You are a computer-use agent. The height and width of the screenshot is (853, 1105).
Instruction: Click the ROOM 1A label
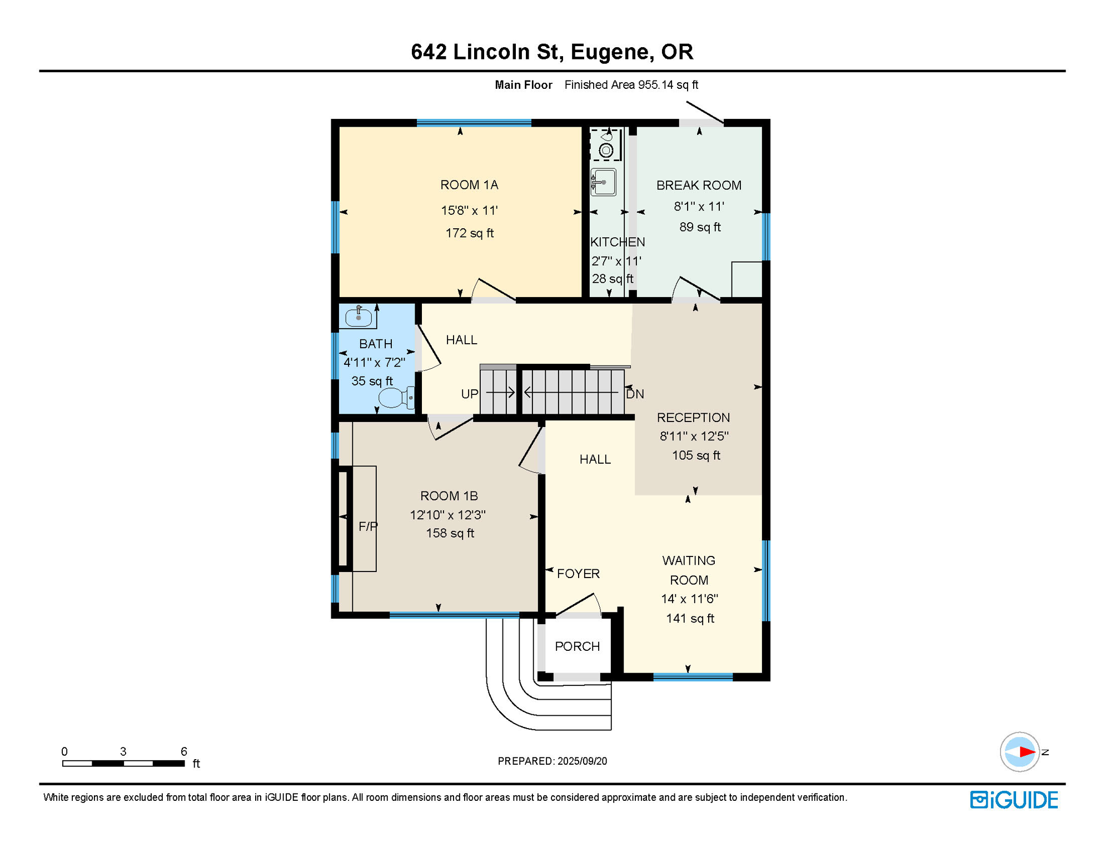(469, 185)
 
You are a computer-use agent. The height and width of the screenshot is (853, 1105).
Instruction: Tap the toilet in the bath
(395, 398)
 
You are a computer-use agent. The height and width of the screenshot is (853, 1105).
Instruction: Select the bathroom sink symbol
(358, 317)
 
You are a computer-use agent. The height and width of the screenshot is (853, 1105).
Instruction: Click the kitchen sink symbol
(603, 182)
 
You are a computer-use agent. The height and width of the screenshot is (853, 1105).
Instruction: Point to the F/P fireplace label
(367, 526)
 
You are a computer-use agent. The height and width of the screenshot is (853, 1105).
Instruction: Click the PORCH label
(577, 646)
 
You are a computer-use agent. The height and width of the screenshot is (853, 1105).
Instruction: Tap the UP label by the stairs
(469, 394)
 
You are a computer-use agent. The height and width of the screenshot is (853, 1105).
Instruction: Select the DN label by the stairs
(635, 394)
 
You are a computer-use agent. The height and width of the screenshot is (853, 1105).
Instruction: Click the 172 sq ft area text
(469, 233)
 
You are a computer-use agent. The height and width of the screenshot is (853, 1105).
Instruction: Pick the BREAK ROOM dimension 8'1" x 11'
(699, 207)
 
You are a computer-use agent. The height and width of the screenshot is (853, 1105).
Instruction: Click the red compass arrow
(1027, 752)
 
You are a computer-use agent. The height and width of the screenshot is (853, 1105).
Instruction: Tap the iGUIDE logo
(1014, 800)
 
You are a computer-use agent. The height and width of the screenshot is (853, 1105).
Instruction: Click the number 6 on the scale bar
(183, 751)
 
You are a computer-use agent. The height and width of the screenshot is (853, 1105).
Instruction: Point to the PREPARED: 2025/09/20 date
(552, 761)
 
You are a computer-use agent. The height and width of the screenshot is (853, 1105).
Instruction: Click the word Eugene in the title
(609, 52)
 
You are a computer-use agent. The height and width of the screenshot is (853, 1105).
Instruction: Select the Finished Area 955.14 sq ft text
(631, 85)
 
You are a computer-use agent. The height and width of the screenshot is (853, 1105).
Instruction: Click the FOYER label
(578, 574)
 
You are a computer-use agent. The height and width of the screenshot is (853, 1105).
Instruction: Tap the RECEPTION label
(693, 418)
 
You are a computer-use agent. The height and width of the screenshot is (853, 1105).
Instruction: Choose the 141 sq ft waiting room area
(690, 619)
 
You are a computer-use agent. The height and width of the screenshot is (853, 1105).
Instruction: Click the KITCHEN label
(617, 242)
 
